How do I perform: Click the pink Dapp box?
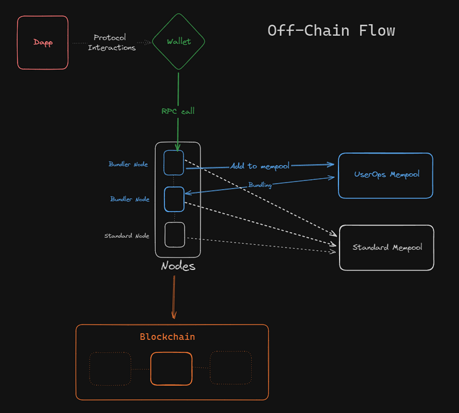[43, 43]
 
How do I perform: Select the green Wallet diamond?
[179, 42]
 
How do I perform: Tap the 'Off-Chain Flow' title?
[331, 31]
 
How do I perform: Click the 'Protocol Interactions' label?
[111, 43]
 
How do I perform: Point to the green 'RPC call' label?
[178, 111]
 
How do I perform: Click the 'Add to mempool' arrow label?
[260, 166]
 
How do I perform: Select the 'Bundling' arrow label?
[260, 185]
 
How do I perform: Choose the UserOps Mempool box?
[386, 176]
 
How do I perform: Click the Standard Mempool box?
[387, 248]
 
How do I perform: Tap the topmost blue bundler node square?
[174, 163]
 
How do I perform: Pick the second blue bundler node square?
[174, 199]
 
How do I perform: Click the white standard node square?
[175, 235]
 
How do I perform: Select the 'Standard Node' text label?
[127, 236]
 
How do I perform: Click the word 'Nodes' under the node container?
[178, 266]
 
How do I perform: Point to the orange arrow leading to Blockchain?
[174, 297]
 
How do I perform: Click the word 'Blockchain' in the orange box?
[167, 337]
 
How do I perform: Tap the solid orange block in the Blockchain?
[171, 368]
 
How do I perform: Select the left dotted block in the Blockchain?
[110, 369]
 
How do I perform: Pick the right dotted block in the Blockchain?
[231, 368]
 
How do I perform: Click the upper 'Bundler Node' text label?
[128, 164]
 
